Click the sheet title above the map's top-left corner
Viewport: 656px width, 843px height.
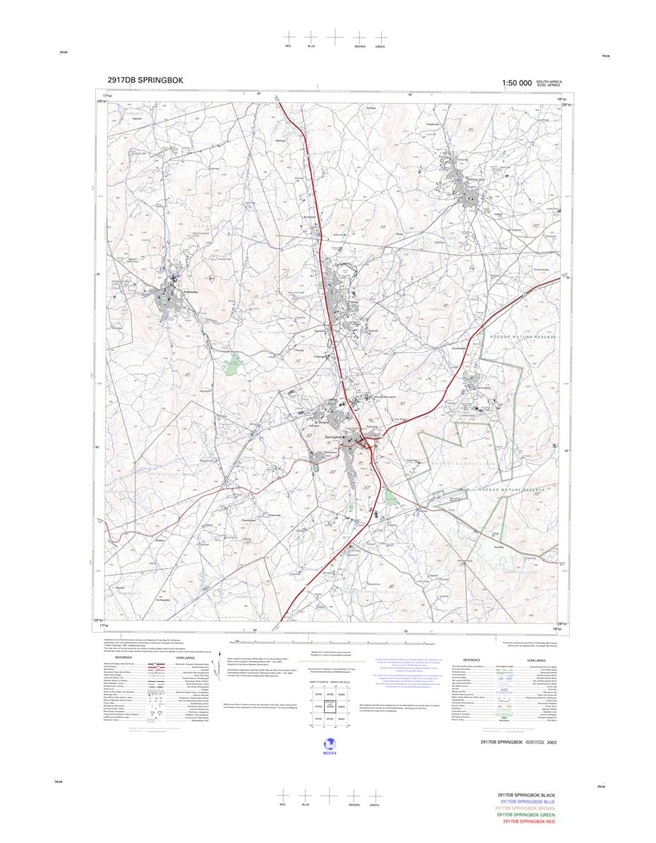click(145, 80)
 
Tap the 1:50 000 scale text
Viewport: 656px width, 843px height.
click(517, 83)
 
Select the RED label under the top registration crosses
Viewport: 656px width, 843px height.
click(287, 47)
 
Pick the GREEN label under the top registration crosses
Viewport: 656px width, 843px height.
click(380, 47)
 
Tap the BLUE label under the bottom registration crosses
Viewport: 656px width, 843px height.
click(306, 806)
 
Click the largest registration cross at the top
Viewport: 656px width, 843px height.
click(334, 35)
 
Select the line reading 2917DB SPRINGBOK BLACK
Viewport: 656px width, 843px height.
click(530, 795)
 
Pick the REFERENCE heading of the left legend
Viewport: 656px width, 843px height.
click(124, 657)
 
